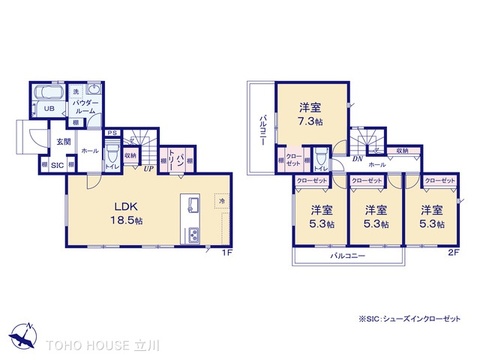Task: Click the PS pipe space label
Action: coord(111,132)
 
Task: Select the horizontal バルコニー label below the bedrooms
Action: coord(347,257)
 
